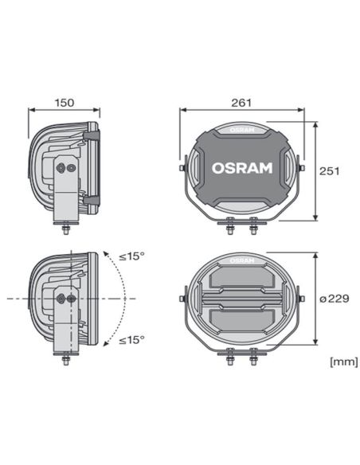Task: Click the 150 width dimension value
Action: tap(65, 104)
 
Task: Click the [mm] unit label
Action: tap(341, 362)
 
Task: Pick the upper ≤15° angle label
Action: tap(131, 256)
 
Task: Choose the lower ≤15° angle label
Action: tap(131, 340)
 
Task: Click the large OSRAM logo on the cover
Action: tap(242, 168)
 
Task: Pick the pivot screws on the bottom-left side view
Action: tap(67, 296)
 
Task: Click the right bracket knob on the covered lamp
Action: tap(301, 167)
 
